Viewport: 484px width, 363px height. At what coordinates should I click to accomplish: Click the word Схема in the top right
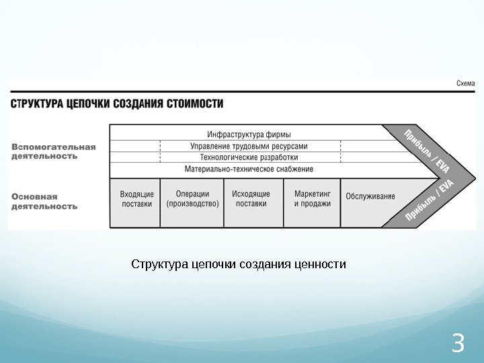[x=465, y=83]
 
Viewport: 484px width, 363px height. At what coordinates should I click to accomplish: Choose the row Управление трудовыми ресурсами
[x=249, y=146]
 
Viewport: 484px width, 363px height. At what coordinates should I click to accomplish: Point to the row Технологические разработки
[x=249, y=157]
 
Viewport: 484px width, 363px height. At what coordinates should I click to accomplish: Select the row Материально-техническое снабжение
[x=249, y=168]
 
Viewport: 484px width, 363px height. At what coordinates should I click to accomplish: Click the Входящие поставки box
[x=136, y=199]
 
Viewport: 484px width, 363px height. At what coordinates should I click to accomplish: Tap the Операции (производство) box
[x=192, y=199]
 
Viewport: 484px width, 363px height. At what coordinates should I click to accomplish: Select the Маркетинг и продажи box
[x=312, y=199]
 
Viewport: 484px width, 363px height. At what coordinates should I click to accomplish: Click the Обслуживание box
[x=370, y=197]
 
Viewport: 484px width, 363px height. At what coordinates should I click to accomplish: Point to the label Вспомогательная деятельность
[x=53, y=151]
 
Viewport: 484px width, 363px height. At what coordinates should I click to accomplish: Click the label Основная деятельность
[x=44, y=202]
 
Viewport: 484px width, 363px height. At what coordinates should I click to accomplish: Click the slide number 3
[x=459, y=343]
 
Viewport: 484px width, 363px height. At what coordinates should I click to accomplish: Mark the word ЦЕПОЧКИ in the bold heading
[x=89, y=104]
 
